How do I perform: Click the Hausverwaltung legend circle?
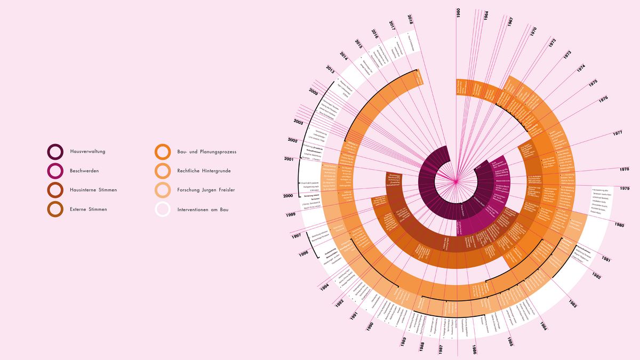(x=55, y=152)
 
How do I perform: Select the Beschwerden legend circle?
(x=55, y=171)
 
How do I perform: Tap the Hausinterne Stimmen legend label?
(x=93, y=190)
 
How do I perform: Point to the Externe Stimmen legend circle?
(x=55, y=210)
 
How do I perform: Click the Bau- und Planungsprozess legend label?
(x=206, y=152)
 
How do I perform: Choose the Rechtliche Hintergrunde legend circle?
(x=162, y=171)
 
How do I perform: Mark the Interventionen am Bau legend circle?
(x=162, y=210)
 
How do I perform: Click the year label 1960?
(x=458, y=12)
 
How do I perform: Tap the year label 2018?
(x=410, y=20)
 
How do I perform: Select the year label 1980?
(x=619, y=225)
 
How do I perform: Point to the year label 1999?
(x=291, y=214)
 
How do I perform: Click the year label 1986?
(x=474, y=349)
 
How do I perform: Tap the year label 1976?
(x=603, y=99)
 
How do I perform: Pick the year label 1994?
(x=325, y=287)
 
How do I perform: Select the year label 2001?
(x=289, y=159)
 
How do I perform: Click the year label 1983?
(x=572, y=305)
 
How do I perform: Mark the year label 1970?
(x=533, y=31)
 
